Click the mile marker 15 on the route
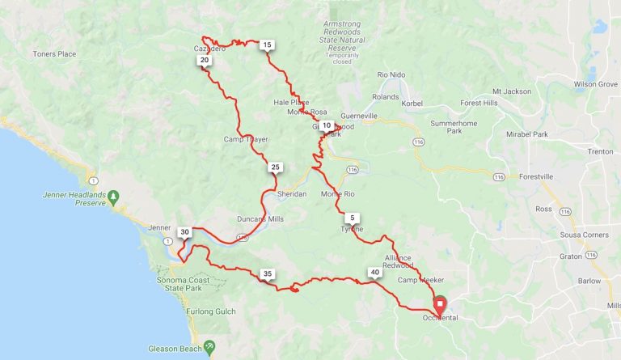[267, 44]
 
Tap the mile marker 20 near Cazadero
[205, 60]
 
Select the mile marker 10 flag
[326, 125]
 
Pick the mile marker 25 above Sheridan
[275, 167]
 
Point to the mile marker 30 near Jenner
[184, 232]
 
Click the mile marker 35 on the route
[268, 273]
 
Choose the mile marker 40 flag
[374, 273]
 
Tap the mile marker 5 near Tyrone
[351, 218]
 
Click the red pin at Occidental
[440, 306]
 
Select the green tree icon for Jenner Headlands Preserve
[114, 196]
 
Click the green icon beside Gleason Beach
[209, 345]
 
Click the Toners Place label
[54, 53]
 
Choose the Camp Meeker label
[418, 280]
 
